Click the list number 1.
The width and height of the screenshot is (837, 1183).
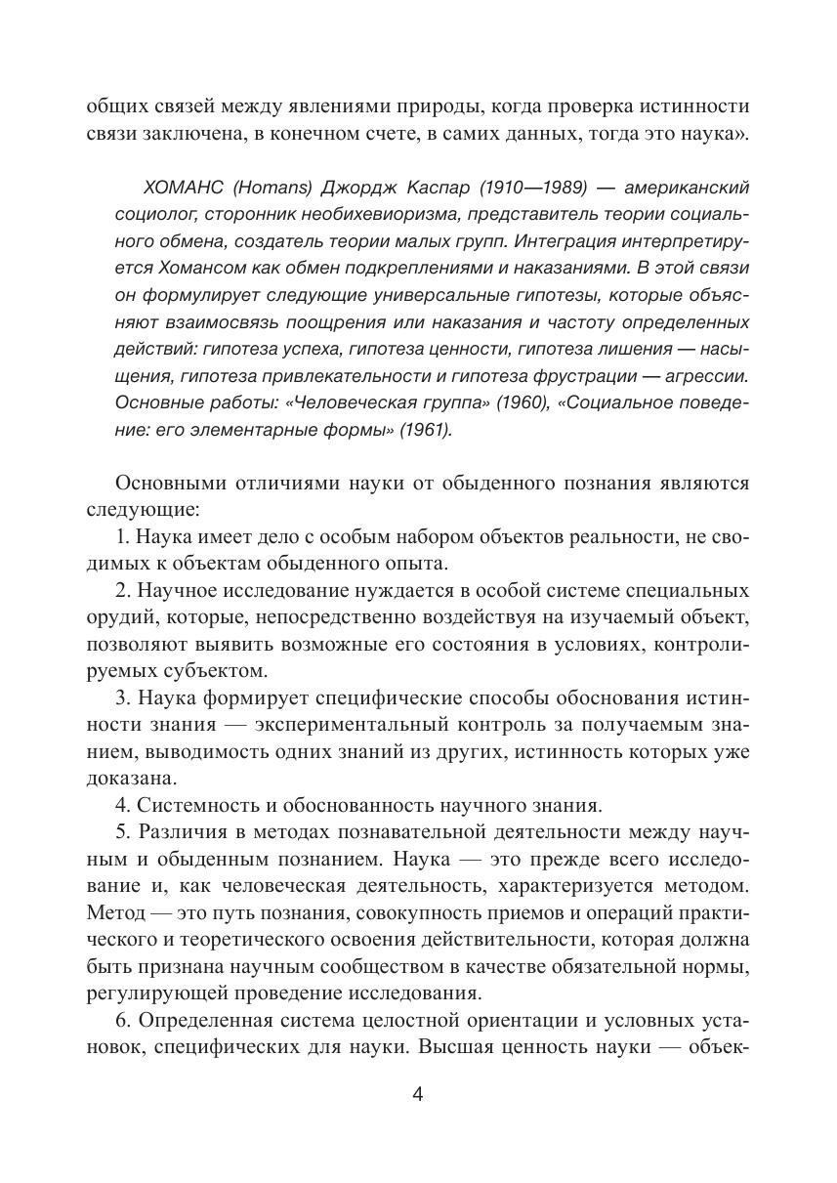(121, 536)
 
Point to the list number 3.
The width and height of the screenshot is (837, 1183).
(121, 697)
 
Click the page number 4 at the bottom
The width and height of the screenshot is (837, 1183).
(418, 1093)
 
